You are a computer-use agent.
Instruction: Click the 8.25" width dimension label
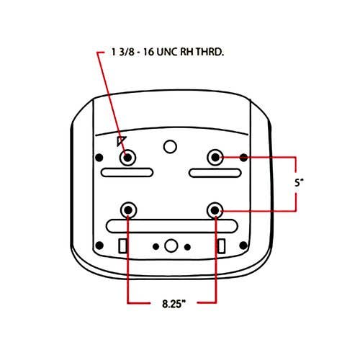(174, 304)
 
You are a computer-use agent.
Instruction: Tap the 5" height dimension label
(299, 183)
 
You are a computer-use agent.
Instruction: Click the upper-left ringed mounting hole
(127, 158)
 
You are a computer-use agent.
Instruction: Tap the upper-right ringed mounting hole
(215, 158)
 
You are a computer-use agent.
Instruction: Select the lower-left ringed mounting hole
(129, 210)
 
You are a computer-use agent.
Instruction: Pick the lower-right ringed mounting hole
(215, 210)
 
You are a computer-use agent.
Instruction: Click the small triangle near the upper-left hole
(121, 140)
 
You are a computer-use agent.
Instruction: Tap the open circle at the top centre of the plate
(170, 147)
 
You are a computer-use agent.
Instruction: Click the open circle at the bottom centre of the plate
(171, 246)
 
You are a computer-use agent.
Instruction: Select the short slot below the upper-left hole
(127, 173)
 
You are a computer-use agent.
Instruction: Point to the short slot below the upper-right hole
(215, 173)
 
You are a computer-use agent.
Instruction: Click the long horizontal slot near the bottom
(171, 226)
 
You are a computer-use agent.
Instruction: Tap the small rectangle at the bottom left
(122, 246)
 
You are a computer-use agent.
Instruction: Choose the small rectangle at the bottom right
(221, 246)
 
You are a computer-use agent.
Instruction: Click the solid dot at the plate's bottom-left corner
(99, 246)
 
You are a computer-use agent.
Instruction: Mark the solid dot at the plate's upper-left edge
(99, 158)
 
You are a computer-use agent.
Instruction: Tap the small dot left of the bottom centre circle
(156, 246)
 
